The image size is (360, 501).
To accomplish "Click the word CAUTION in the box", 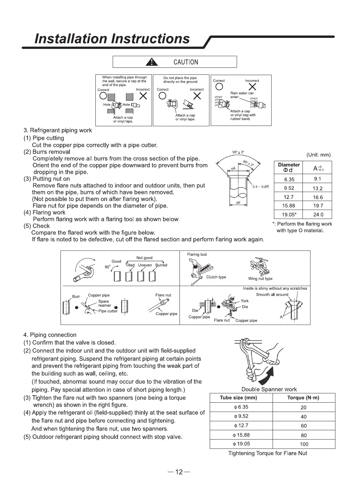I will [186, 62].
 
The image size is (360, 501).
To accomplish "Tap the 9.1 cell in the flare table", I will [317, 179].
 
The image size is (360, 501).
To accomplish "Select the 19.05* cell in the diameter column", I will [289, 215].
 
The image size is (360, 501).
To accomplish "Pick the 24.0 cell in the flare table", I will [318, 215].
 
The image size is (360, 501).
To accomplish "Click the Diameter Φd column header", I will [289, 167].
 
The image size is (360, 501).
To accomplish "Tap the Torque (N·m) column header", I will [303, 398].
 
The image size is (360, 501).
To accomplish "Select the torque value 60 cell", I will [303, 426].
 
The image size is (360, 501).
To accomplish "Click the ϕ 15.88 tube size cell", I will [241, 435].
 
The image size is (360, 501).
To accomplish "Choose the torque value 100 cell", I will [303, 444].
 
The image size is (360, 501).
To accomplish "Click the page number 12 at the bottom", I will [179, 472].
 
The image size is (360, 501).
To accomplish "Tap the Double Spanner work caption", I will [269, 389].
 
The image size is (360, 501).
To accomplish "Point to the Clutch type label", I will [216, 277].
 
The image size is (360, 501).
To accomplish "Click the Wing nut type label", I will [260, 279].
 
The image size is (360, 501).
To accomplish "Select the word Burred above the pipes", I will [161, 265].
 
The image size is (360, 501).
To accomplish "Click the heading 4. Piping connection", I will [50, 335].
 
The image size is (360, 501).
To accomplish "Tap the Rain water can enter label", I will [242, 95].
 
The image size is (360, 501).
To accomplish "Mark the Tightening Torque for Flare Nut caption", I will [267, 453].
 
